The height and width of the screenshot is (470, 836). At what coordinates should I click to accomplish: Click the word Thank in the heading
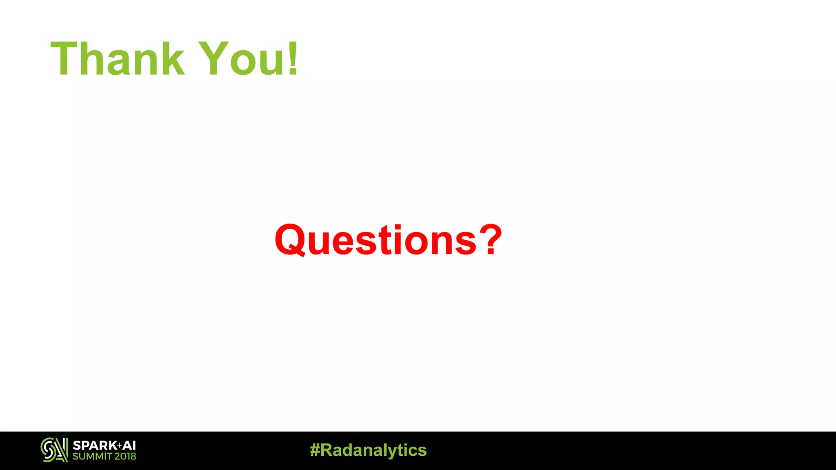point(118,59)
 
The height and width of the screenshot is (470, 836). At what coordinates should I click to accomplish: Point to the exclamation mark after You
point(293,59)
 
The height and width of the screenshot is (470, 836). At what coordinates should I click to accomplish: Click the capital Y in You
point(214,59)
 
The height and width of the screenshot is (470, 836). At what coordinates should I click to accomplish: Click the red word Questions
point(376,240)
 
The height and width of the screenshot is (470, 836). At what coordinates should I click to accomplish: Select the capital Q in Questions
point(290,240)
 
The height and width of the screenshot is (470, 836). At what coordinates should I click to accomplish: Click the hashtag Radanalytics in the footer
point(368,450)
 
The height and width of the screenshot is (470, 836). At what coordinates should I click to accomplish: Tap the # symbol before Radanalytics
point(315,450)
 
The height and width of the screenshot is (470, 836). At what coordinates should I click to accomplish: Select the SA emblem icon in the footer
point(54,450)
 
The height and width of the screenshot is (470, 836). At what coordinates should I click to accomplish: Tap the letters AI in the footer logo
point(129,446)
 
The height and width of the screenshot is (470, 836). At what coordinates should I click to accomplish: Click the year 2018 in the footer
point(125,457)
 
